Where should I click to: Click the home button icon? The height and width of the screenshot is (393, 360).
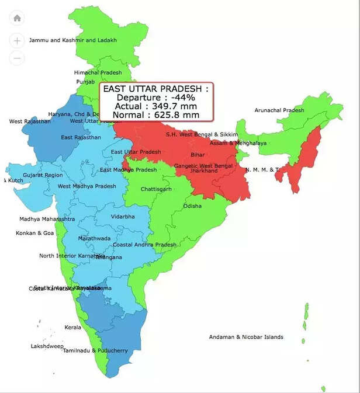(17, 18)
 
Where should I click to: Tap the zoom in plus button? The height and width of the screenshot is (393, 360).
(17, 41)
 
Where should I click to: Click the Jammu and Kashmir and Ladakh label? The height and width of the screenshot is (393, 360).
(72, 40)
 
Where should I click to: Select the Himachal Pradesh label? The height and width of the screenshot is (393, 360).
(98, 72)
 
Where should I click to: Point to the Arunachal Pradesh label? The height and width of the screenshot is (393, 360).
(279, 110)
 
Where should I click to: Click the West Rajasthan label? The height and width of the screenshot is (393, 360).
(30, 121)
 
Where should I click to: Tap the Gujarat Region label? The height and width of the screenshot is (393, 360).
(43, 175)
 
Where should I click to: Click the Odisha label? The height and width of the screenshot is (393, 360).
(192, 206)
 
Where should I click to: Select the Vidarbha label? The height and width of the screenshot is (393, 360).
(123, 217)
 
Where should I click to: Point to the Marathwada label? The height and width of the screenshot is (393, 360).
(94, 239)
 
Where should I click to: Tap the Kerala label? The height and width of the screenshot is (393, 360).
(73, 328)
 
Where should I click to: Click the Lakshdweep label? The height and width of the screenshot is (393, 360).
(47, 346)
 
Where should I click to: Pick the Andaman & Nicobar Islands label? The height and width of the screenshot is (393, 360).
(246, 337)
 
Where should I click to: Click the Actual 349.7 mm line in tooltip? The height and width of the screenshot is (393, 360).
(155, 106)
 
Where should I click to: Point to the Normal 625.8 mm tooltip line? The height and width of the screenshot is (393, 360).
(155, 115)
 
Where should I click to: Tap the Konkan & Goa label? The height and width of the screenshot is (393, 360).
(34, 233)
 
